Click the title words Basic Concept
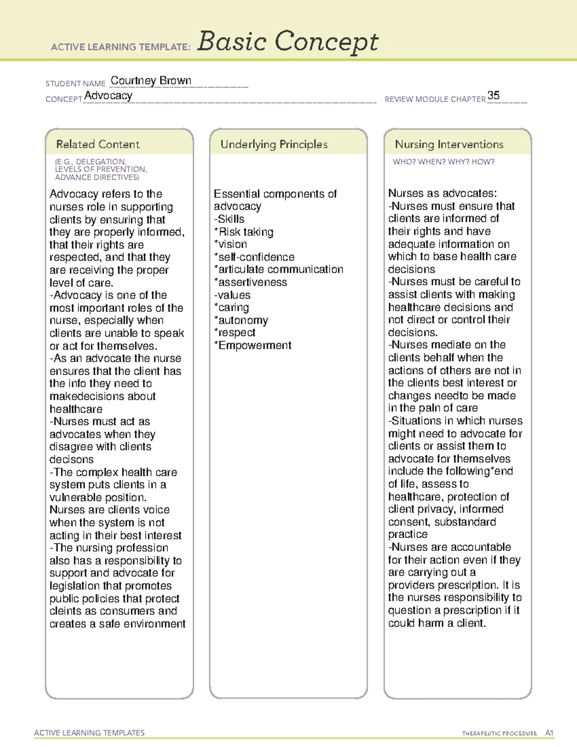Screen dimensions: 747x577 [x=288, y=42]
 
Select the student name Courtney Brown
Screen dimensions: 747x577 [x=151, y=80]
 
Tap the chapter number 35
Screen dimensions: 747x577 [x=493, y=95]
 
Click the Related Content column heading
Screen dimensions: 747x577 [x=98, y=144]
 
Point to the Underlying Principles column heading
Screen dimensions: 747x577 [x=274, y=144]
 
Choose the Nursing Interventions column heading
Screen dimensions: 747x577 [x=449, y=144]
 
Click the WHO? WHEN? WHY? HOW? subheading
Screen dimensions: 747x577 [x=443, y=162]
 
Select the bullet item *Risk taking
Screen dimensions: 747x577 [x=244, y=232]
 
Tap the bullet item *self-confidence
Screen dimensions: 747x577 [x=254, y=257]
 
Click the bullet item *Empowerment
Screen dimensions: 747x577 [x=253, y=345]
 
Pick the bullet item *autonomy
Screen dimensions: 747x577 [x=241, y=320]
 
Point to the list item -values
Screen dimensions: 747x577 [x=232, y=295]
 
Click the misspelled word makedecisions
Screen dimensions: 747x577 [x=102, y=396]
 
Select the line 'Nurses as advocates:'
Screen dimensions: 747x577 [x=442, y=193]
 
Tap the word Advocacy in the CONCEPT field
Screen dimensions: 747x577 [x=108, y=96]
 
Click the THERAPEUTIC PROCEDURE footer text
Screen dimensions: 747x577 [x=499, y=734]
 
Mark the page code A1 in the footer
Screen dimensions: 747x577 [x=549, y=733]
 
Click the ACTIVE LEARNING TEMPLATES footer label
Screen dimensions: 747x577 [x=89, y=733]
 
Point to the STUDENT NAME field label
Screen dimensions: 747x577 [x=75, y=84]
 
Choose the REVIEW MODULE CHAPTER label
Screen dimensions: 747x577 [x=435, y=99]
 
